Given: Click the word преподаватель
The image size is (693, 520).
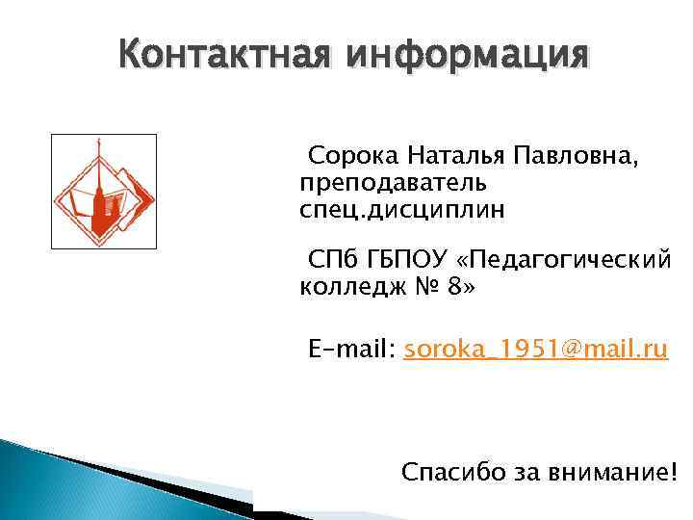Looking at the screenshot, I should click(393, 183).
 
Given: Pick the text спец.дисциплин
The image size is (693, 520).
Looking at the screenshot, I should click(401, 209).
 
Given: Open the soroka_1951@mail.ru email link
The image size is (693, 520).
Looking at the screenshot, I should click(536, 349).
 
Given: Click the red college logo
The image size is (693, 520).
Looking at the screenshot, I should click(102, 193).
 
